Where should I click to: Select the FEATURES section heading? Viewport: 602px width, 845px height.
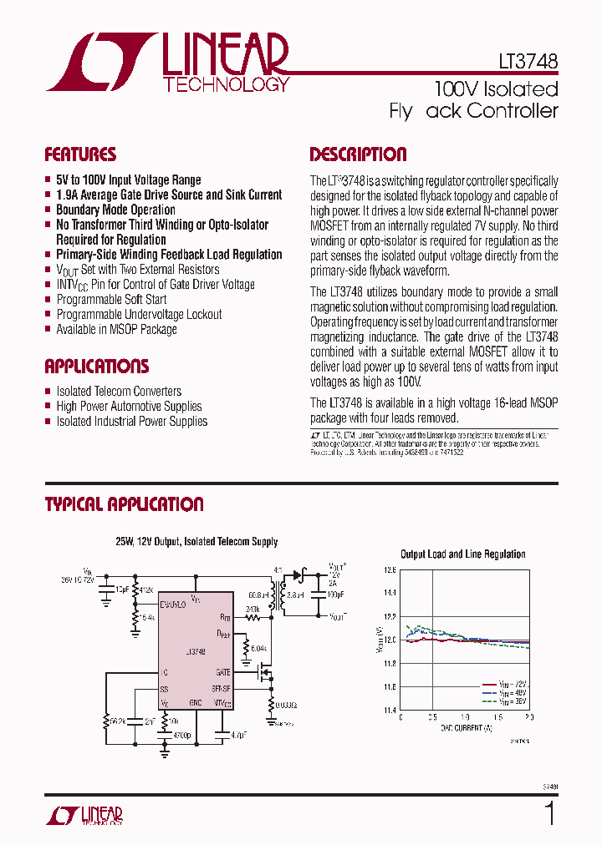[x=80, y=154]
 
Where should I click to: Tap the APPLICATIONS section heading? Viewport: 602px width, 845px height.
[x=96, y=367]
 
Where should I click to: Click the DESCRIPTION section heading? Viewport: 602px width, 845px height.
[x=358, y=154]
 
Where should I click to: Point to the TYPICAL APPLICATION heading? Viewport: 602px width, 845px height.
[x=124, y=504]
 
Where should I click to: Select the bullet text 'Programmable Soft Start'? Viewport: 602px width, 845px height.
[x=111, y=299]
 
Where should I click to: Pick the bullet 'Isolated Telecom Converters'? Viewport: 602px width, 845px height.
[x=119, y=391]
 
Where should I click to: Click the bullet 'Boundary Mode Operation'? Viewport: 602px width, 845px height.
[x=115, y=210]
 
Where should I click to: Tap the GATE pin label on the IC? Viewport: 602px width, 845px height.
[x=222, y=670]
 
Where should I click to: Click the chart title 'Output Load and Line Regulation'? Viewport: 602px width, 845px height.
[x=462, y=554]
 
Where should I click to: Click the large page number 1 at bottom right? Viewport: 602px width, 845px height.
[x=549, y=813]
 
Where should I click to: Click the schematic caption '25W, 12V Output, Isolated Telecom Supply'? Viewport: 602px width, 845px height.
[x=196, y=542]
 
